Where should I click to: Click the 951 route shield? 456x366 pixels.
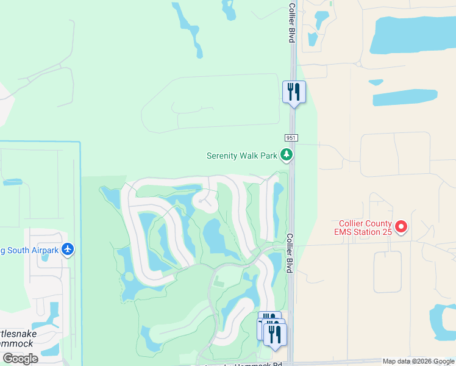[291, 139]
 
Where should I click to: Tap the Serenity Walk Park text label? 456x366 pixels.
[242, 156]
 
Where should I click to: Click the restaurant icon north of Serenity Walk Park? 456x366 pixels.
[294, 92]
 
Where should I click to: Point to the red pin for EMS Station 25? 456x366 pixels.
[401, 228]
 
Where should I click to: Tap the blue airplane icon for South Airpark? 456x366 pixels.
[68, 249]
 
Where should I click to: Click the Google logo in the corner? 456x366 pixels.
[20, 359]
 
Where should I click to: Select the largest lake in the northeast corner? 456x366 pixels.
[411, 35]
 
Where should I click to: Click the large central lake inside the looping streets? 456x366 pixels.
[214, 236]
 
